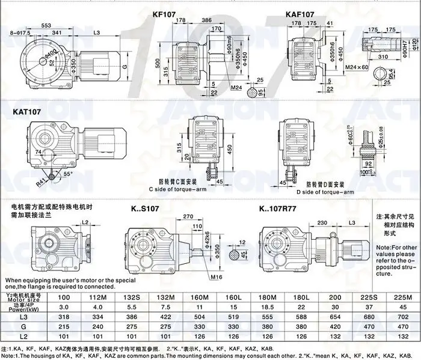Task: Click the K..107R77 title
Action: (283, 209)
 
